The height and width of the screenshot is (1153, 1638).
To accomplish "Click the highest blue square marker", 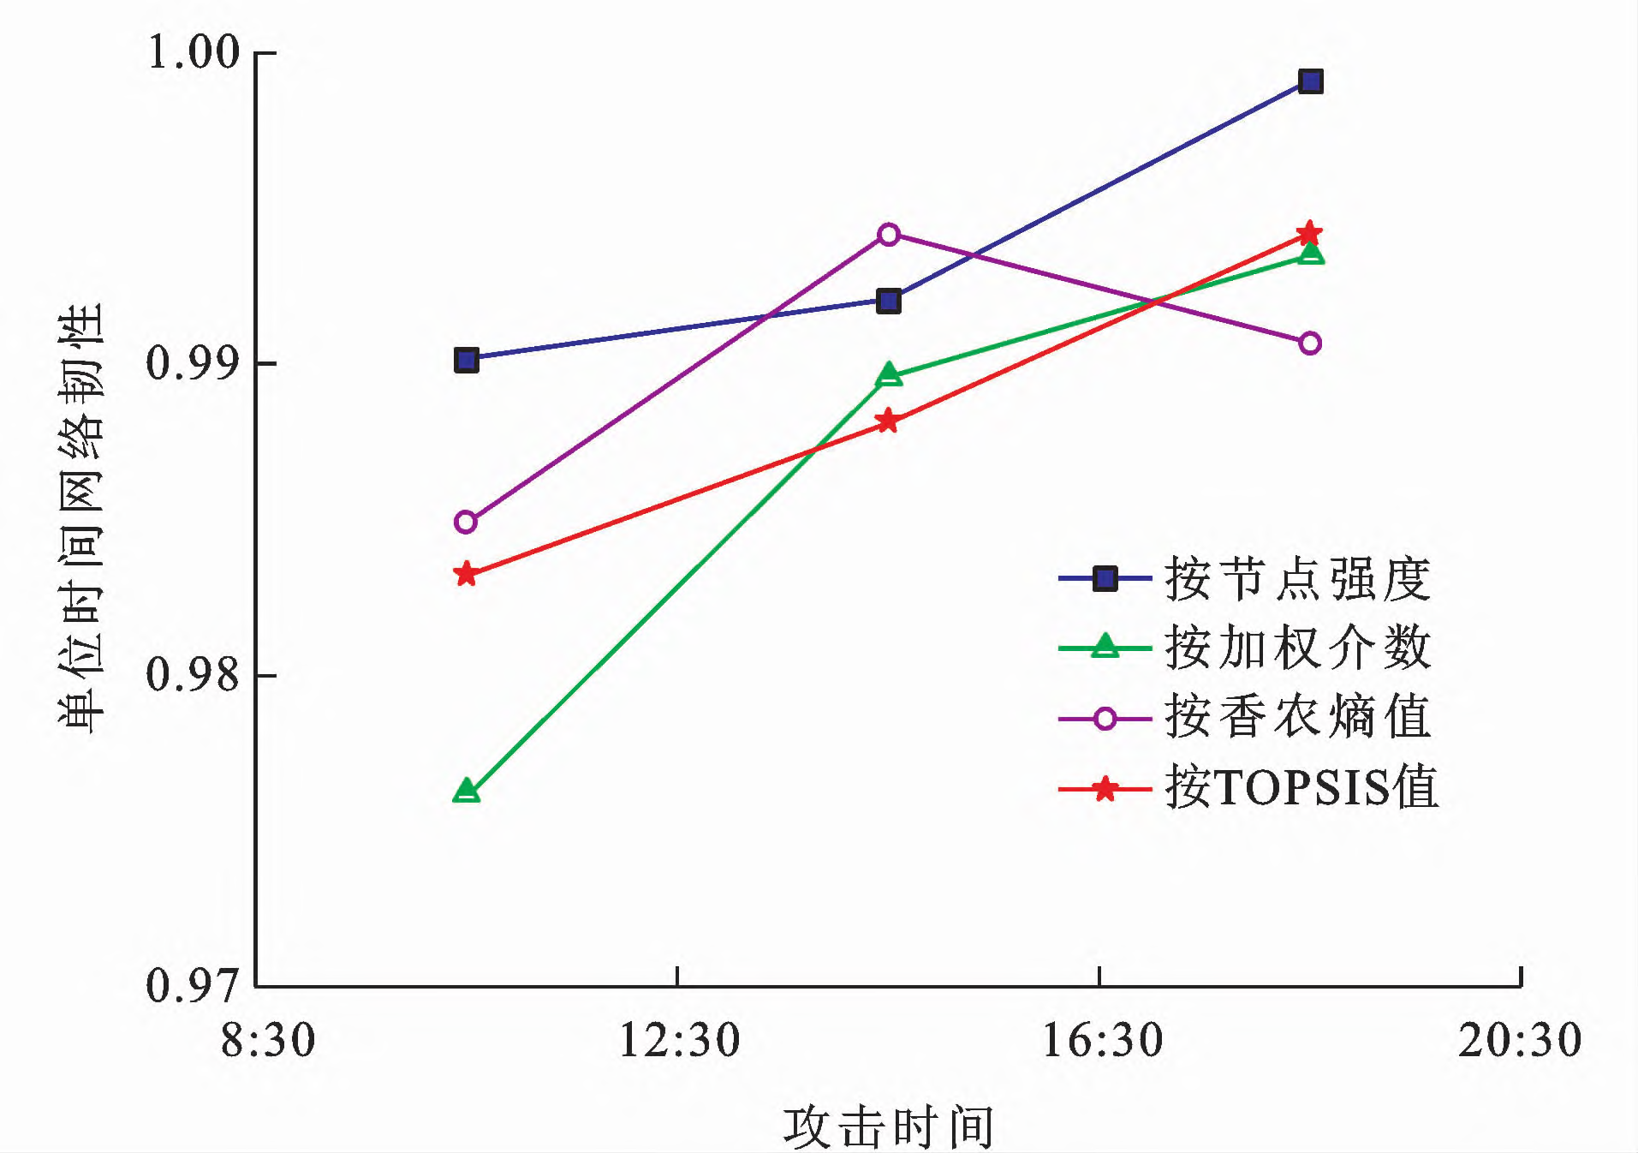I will click(1310, 82).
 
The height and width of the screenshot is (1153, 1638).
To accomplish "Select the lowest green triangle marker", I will click(466, 791).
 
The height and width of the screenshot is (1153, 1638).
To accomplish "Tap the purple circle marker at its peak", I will click(889, 234).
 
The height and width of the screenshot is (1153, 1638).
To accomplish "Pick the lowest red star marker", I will click(466, 574).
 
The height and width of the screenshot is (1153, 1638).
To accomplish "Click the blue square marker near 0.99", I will click(466, 360).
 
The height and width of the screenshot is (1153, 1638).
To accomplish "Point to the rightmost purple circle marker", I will click(1310, 344).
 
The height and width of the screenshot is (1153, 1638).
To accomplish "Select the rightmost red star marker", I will click(1309, 234).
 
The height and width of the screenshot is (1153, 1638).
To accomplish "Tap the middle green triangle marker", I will click(889, 375).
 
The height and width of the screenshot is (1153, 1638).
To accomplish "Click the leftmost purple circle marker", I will click(466, 522).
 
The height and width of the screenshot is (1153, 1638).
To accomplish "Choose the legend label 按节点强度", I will click(1297, 579).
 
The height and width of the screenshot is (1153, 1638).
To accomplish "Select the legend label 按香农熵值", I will click(1297, 717).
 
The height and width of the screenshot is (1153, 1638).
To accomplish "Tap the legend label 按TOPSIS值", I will click(1301, 786).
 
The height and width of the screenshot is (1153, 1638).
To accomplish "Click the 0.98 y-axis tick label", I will click(194, 674).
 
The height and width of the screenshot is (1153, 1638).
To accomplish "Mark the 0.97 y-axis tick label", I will click(194, 985).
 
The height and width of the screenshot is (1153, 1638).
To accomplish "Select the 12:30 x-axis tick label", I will click(678, 1041).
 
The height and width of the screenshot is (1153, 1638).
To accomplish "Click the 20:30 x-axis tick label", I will click(1520, 1041).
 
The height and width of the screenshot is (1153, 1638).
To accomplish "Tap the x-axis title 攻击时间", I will click(888, 1126).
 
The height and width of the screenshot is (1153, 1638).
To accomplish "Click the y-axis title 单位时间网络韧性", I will click(81, 518).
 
